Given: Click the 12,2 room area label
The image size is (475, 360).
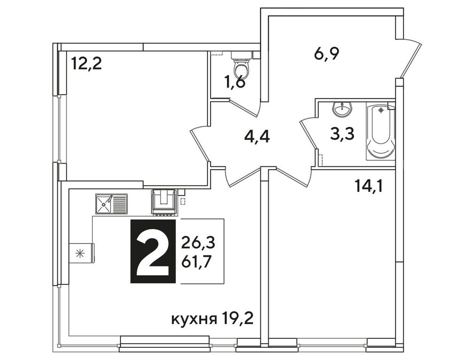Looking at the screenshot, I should pos(87,63).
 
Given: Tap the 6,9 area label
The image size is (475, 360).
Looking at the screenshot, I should pos(326,53).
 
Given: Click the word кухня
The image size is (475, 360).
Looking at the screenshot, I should pos(194,320).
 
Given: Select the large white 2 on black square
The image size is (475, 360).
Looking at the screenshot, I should pos(153,251).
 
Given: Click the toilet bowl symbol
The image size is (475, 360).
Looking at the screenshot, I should pos(242,65).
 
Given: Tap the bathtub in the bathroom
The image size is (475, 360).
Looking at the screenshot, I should pos(380,131).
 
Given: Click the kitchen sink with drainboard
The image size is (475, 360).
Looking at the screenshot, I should pos(111,203).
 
